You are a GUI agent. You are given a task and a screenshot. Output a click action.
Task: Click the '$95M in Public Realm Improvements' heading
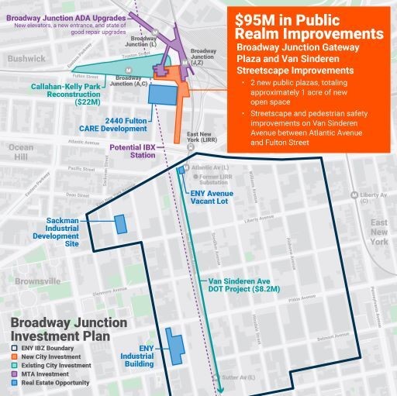click(x=309, y=27)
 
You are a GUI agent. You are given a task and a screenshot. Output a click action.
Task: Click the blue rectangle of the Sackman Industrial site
click(x=121, y=224)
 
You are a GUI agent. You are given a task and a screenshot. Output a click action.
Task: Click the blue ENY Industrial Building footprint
click(x=174, y=348)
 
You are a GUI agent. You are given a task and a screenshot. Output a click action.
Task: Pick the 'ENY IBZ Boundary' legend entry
click(x=49, y=349)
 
